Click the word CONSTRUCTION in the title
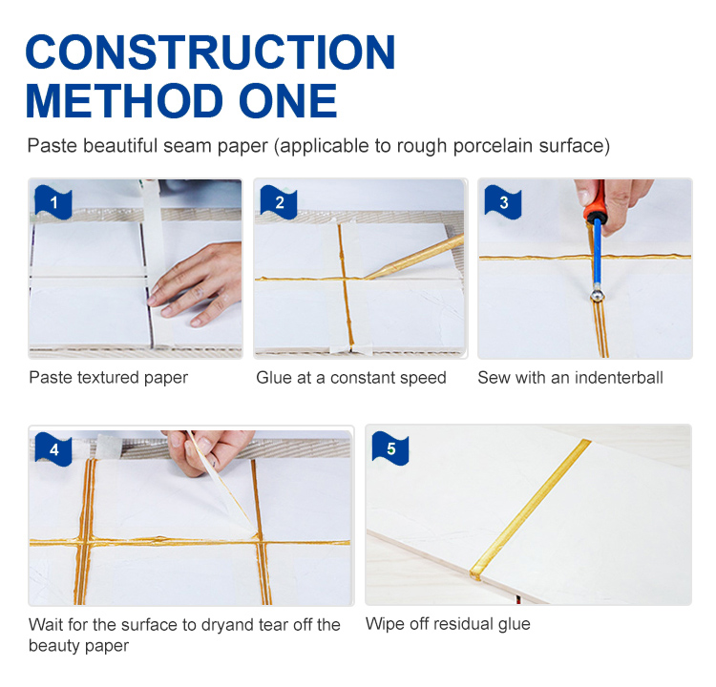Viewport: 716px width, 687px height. click(211, 52)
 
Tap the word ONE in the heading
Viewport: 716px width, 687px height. click(287, 100)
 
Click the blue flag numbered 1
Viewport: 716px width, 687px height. click(53, 201)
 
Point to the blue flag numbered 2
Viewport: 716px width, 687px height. click(279, 201)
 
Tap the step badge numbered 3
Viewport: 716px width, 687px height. click(503, 201)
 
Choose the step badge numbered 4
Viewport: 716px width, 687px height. click(53, 449)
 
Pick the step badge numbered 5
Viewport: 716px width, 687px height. click(390, 448)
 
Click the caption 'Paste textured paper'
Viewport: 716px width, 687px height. click(108, 378)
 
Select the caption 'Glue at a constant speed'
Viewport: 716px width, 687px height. click(351, 378)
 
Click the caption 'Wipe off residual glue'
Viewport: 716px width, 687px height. click(448, 624)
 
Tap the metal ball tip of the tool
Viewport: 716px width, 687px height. click(597, 296)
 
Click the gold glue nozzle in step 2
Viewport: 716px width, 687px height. click(414, 257)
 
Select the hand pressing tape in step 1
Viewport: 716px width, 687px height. click(197, 283)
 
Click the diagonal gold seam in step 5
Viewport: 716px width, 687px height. click(530, 510)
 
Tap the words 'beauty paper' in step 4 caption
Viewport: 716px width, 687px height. click(78, 646)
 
